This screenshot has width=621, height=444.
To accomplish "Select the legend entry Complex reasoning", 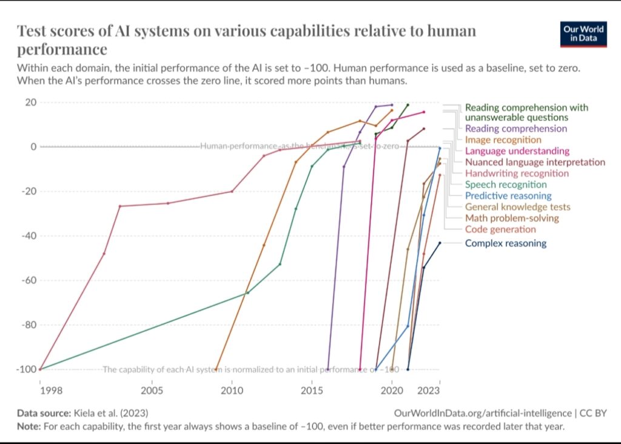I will (505, 243).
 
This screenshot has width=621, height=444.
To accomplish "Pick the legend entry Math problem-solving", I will (512, 218).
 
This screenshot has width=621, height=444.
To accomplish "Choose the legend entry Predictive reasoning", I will (508, 195).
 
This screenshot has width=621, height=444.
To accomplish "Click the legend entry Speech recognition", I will (506, 184).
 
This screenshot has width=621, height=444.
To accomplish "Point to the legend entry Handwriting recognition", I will (517, 173).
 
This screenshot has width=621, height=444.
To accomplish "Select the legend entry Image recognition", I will (503, 140).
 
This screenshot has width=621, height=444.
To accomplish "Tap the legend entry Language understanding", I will (517, 151).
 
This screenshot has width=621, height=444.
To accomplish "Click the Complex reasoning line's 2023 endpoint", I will (440, 243).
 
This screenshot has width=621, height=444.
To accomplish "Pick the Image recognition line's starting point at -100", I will (216, 369).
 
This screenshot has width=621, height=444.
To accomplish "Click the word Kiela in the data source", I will (86, 413).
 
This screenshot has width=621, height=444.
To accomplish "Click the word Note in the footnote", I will (28, 425).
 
